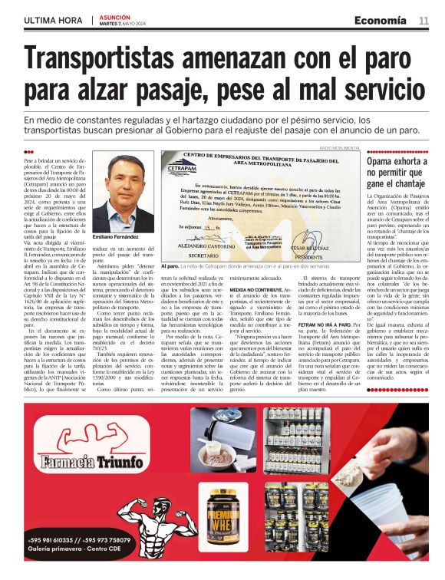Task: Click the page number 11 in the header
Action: (424, 20)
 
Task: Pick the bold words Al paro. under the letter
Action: (170, 265)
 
